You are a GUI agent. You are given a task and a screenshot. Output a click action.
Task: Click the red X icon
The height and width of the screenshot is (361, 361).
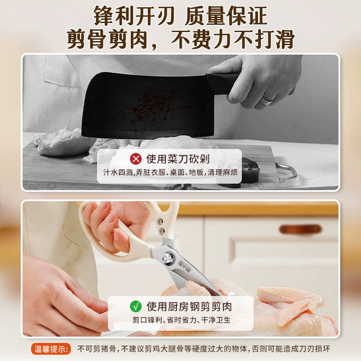pyautogui.click(x=136, y=159)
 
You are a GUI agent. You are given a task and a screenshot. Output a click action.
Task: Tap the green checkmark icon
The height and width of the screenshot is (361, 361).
pyautogui.click(x=136, y=306)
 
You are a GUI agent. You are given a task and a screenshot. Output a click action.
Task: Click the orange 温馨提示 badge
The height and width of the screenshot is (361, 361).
pyautogui.click(x=51, y=349)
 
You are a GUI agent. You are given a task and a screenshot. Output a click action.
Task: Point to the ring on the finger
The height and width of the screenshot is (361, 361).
pyautogui.click(x=266, y=101)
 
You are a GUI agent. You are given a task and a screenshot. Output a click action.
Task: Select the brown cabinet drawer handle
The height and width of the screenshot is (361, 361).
pyautogui.click(x=300, y=229)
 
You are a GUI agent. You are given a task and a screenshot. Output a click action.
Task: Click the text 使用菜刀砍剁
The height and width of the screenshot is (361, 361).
pyautogui.click(x=177, y=159)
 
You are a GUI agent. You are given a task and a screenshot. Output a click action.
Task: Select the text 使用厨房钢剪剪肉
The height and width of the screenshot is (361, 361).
pyautogui.click(x=189, y=307)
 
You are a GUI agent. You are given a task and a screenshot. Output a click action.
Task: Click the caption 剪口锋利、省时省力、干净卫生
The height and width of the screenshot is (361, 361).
pyautogui.click(x=181, y=320)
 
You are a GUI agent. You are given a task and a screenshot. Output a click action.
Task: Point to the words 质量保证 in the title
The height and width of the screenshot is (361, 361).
pyautogui.click(x=226, y=16)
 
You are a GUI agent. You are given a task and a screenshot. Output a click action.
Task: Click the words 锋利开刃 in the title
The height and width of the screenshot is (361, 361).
pyautogui.click(x=134, y=16)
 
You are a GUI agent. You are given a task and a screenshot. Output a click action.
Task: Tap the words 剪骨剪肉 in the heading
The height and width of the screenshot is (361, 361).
pyautogui.click(x=107, y=39)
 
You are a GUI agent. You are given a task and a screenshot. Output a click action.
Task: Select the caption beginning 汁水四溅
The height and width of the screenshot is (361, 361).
pyautogui.click(x=170, y=173)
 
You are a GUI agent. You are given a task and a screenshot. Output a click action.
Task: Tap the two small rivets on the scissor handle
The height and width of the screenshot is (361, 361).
pyautogui.click(x=161, y=226)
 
